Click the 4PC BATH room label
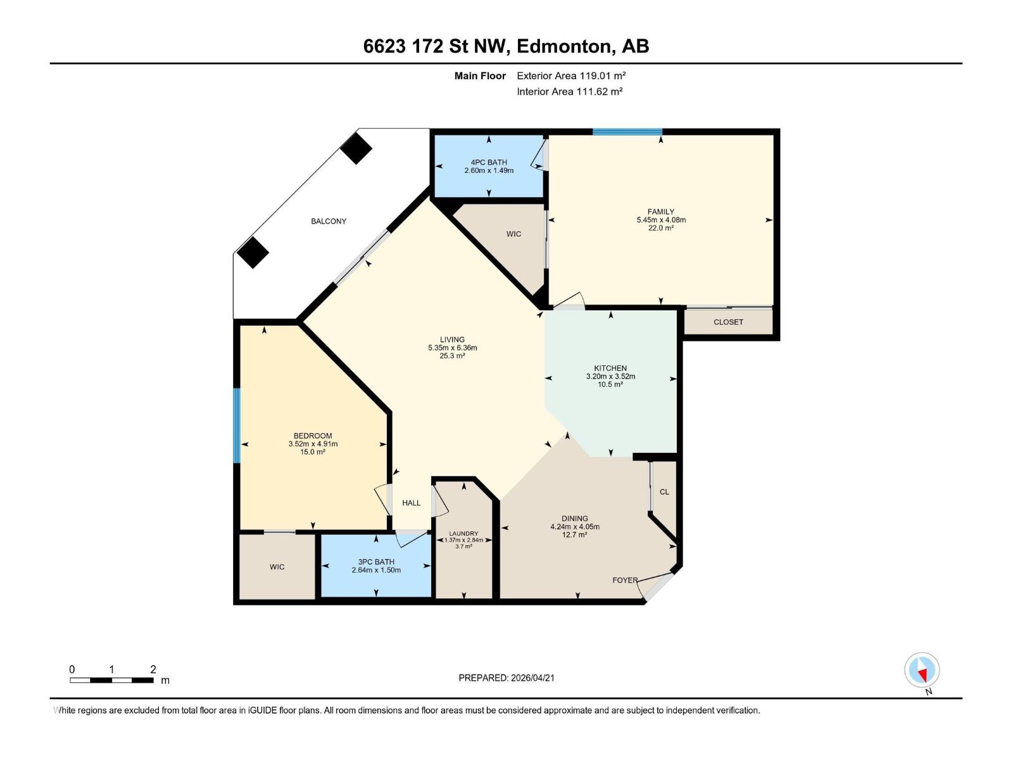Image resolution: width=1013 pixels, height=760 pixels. point(488,162)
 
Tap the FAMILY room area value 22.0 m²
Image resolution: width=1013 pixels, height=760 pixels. point(660,228)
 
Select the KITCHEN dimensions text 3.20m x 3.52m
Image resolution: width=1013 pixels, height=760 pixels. point(610,376)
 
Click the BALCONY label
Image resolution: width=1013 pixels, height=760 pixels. point(329,221)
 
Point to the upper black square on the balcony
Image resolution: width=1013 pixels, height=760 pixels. point(356,148)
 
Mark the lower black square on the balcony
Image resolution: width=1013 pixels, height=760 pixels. point(253,252)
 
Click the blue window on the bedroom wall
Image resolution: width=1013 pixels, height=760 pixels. point(237,425)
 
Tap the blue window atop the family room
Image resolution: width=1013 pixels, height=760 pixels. point(627,132)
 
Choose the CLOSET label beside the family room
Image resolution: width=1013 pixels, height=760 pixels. point(728,322)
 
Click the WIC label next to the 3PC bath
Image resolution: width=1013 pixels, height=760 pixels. point(277,567)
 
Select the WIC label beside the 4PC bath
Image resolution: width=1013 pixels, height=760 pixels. point(513,234)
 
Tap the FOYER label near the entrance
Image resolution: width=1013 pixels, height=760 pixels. point(625,580)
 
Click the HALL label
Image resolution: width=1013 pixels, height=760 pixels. point(411,503)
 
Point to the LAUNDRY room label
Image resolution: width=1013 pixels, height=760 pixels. point(463,533)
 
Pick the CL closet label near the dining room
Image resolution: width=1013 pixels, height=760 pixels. point(664,491)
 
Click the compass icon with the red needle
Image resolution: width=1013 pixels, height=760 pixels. point(922,670)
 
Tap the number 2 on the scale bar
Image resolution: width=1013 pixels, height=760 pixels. point(153,669)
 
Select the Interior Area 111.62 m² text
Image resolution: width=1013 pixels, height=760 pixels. point(569,91)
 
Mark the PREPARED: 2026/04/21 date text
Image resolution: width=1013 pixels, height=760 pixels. point(507,678)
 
